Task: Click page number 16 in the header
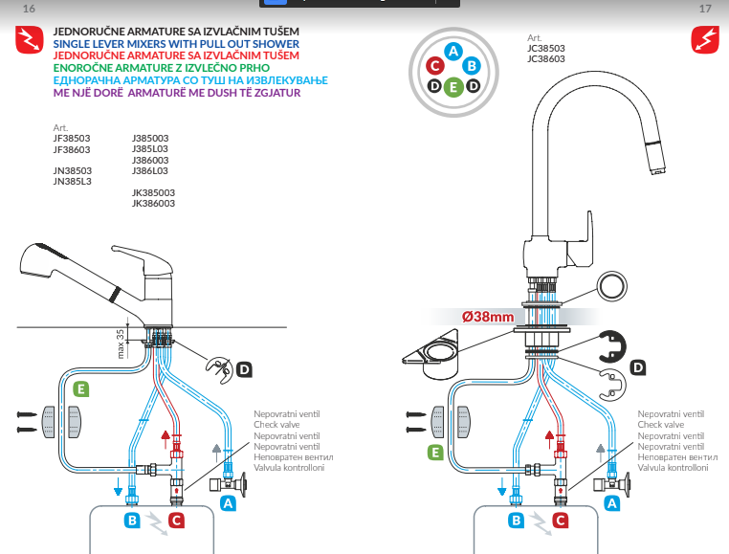pyautogui.click(x=28, y=9)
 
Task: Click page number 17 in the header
pyautogui.click(x=705, y=9)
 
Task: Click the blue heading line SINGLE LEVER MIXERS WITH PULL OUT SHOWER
pyautogui.click(x=176, y=44)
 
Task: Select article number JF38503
pyautogui.click(x=72, y=138)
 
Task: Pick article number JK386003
pyautogui.click(x=153, y=203)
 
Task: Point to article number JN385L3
pyautogui.click(x=72, y=181)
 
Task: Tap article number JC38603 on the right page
pyautogui.click(x=545, y=58)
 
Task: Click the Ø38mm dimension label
pyautogui.click(x=489, y=317)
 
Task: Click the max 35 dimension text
pyautogui.click(x=120, y=340)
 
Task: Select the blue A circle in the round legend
pyautogui.click(x=454, y=51)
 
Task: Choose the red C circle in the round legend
pyautogui.click(x=435, y=66)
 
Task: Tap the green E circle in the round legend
pyautogui.click(x=454, y=87)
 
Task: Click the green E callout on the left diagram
pyautogui.click(x=81, y=388)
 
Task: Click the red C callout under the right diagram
pyautogui.click(x=560, y=521)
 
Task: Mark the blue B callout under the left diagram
pyautogui.click(x=133, y=521)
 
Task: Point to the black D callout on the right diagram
pyautogui.click(x=638, y=366)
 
